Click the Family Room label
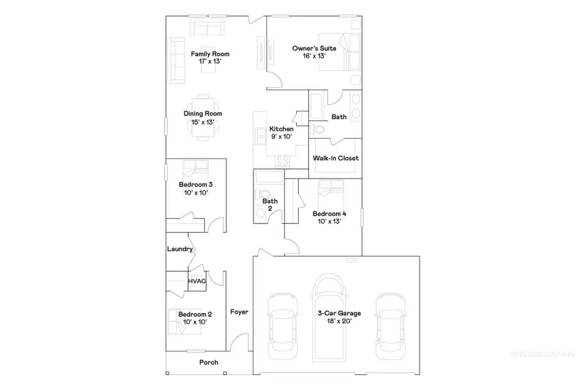[x=210, y=54]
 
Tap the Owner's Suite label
[x=310, y=48]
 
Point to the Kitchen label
[x=281, y=129]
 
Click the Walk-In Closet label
[x=335, y=158]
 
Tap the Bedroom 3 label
[x=195, y=184]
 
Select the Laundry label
[x=180, y=249]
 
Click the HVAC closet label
[x=196, y=281]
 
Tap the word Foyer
[x=239, y=312]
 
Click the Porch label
[x=209, y=362]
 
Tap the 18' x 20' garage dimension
[x=339, y=321]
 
